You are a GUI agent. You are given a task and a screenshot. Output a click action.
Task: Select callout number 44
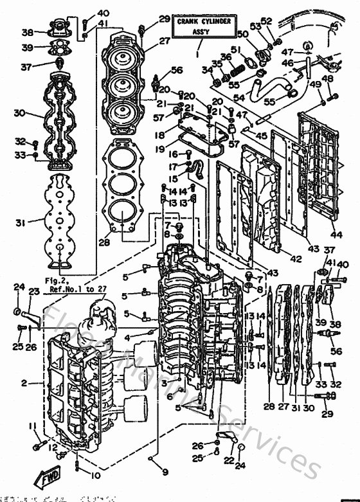point(337,235)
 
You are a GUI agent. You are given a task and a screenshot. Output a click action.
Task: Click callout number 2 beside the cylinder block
point(24,383)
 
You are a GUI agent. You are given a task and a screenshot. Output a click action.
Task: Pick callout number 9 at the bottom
point(165,472)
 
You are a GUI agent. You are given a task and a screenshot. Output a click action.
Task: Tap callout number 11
point(30,427)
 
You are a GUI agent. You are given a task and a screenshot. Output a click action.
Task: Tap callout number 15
point(172,178)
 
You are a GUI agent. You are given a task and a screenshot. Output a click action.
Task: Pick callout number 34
point(206,69)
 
